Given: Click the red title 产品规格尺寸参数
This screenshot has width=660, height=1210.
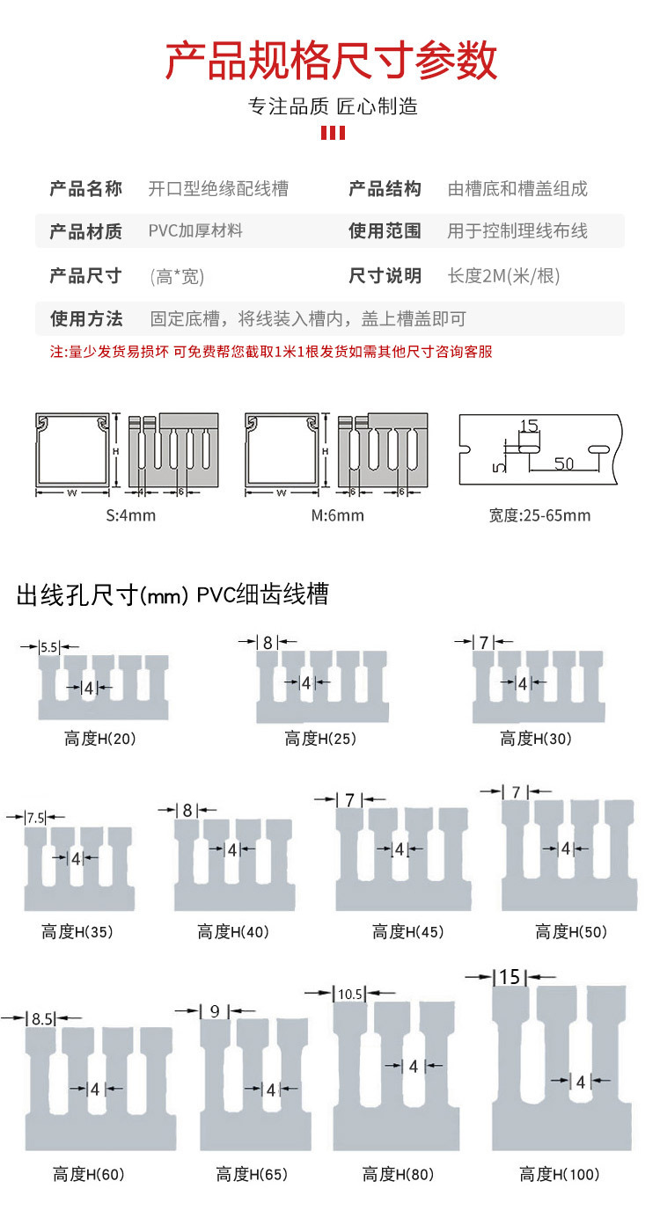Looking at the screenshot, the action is tap(332, 61).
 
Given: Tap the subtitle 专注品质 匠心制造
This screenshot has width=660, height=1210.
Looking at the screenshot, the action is tap(332, 107).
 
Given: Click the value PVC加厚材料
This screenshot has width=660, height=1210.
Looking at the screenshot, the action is tap(195, 231).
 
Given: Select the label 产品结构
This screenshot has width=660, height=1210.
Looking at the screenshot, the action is tap(385, 188).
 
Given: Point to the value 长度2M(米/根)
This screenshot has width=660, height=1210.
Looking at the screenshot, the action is tap(503, 276).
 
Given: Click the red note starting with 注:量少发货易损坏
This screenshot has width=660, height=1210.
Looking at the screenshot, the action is tap(271, 352).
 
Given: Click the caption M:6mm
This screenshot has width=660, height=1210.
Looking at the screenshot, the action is tap(337, 515).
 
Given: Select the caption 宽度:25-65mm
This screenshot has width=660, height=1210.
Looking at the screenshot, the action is tap(539, 515).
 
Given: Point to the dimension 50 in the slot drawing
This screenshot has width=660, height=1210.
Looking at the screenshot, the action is tap(564, 463).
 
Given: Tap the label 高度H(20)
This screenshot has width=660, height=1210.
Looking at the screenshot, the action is tap(100, 739).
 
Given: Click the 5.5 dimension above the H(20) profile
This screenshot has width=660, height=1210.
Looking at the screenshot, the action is tap(49, 646).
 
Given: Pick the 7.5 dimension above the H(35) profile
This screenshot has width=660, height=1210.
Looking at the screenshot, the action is tap(36, 818).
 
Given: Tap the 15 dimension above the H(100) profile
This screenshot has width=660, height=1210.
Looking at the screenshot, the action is tap(510, 977).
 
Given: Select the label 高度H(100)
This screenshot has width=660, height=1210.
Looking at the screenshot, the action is tap(559, 1174).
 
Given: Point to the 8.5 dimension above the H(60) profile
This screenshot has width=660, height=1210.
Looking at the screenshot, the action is tap(41, 1019).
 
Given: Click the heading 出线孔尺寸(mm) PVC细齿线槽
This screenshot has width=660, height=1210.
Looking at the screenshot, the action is tap(172, 595).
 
